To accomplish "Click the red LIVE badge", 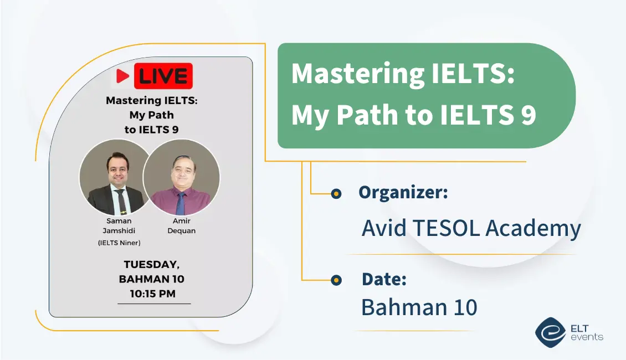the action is [163, 76].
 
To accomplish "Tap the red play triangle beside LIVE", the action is [122, 76].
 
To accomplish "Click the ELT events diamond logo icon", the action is [551, 332].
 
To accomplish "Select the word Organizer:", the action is [403, 193].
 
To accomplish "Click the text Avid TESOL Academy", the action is [471, 228].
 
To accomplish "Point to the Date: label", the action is [384, 279].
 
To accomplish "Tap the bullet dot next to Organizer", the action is [336, 194].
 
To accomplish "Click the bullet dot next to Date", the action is [336, 280].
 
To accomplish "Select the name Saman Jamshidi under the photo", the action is [119, 225].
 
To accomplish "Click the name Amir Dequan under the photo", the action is [182, 225].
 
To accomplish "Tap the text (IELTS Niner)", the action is [119, 243].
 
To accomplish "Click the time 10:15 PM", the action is [152, 294].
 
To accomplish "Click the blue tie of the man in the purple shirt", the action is [181, 204].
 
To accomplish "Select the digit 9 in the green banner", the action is [528, 115].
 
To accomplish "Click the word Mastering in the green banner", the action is [358, 74].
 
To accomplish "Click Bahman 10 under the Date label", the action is [419, 307].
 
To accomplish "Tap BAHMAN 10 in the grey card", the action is [152, 279].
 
